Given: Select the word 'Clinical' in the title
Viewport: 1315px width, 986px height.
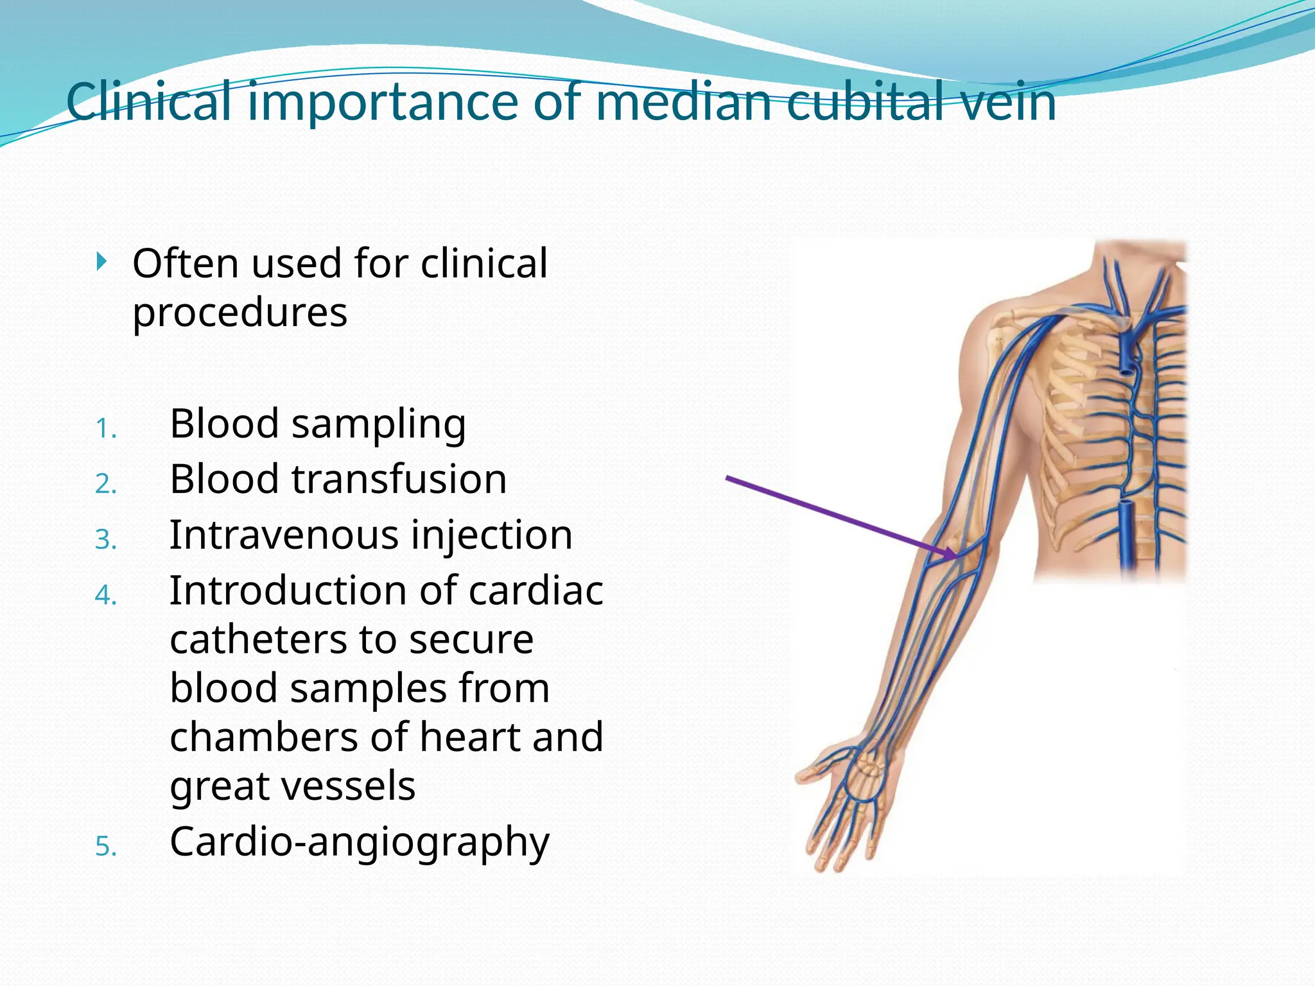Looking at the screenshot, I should point(148,102).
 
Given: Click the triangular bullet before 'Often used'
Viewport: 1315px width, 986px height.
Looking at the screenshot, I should point(101,261).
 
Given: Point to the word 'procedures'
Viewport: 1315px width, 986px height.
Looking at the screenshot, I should point(239,313).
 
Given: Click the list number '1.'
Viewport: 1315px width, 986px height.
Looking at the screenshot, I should point(106,429).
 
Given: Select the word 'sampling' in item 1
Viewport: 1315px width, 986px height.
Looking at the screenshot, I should point(379,425).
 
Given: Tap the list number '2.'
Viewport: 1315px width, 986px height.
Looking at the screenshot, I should point(106,484).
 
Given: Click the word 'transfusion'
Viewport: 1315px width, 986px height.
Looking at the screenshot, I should point(399,480).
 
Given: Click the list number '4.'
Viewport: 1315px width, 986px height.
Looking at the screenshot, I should point(106,595).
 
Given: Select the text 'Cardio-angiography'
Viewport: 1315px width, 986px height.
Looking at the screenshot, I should point(360,842).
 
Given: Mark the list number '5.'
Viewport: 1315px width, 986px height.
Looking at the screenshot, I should point(106,847).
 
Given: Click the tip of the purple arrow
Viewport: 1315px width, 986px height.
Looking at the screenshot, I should point(956,556).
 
